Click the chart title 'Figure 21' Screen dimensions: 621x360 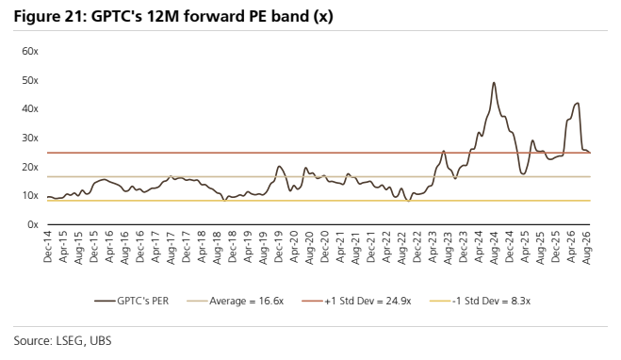tap(50, 16)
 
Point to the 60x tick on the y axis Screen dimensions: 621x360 tap(30, 51)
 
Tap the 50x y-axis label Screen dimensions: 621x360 tap(30, 80)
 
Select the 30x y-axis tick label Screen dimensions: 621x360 tap(30, 139)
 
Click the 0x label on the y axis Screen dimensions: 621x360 tap(33, 224)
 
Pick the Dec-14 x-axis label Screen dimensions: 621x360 tap(48, 247)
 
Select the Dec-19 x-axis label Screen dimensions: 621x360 tap(279, 247)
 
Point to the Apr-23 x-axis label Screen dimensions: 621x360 tap(433, 247)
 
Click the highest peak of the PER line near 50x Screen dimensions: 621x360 tap(494, 83)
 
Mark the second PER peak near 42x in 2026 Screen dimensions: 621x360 tap(578, 104)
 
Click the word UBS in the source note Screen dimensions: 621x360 tap(101, 341)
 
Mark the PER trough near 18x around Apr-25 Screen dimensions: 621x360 tap(523, 173)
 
